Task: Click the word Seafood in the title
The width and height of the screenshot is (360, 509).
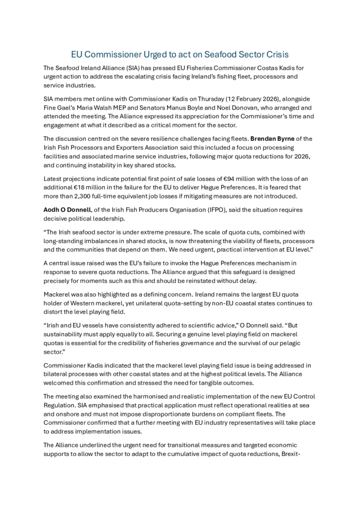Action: click(210, 54)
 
